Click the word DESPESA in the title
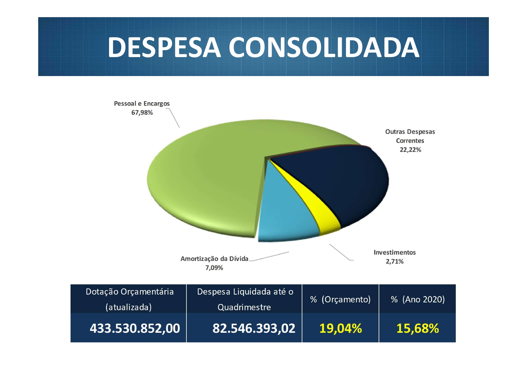pos(164,47)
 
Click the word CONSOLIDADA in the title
pos(324,47)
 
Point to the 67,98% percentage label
pos(142,113)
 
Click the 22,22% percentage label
pos(410,150)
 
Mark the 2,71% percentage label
pos(395,261)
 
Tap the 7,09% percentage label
pos(214,268)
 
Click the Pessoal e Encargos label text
pos(142,104)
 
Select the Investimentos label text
pos(395,252)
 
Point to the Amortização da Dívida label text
pos(214,259)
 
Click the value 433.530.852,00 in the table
pos(135,328)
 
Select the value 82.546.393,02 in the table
pos(254,328)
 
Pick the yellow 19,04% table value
pos(341,328)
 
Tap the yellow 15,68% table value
pos(417,328)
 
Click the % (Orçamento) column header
pos(340,299)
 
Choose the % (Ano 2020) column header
pos(417,299)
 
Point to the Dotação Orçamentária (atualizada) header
pos(129,299)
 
